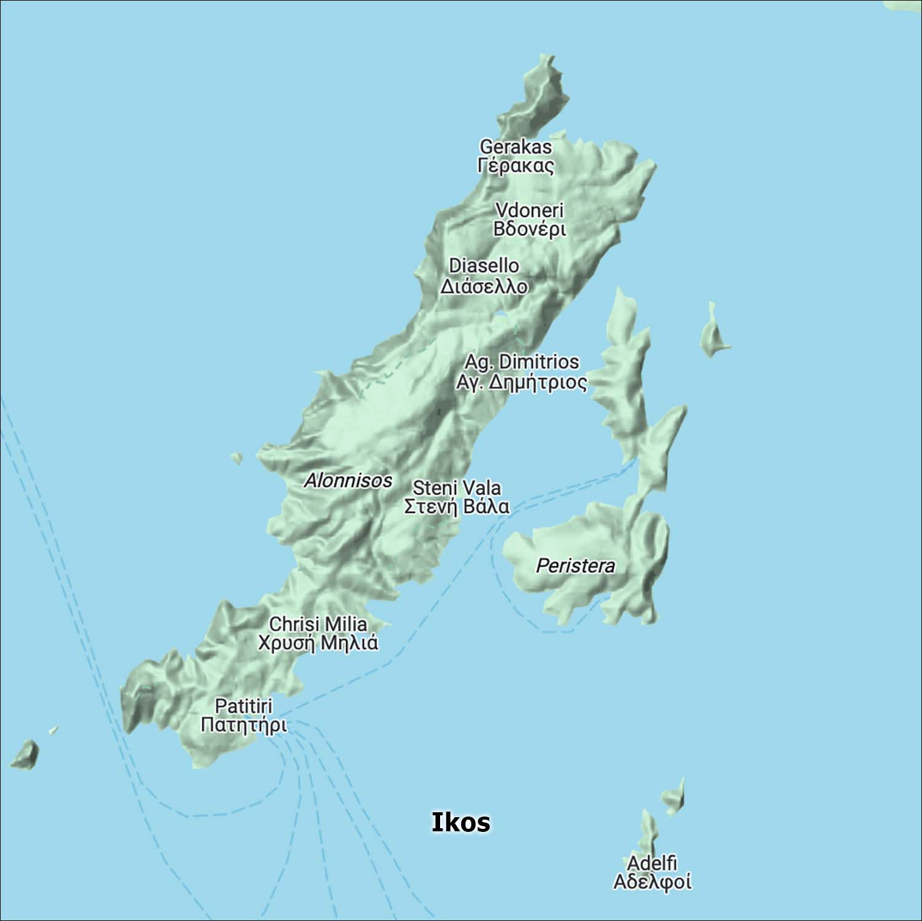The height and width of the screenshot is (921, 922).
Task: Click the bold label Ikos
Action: click(460, 822)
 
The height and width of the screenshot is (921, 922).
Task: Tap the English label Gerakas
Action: click(516, 147)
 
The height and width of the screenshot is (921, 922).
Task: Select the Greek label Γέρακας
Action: click(516, 166)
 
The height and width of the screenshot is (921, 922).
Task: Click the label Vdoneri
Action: click(529, 210)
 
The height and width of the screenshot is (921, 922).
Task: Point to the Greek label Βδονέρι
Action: click(529, 229)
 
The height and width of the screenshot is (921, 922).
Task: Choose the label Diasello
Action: click(484, 265)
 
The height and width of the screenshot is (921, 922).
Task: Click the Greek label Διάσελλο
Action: click(484, 286)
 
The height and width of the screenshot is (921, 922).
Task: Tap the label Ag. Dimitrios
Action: click(521, 361)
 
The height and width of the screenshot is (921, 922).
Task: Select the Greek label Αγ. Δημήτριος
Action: click(521, 382)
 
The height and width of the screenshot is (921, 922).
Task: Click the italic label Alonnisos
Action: click(348, 480)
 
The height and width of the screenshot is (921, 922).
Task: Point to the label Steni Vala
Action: click(457, 488)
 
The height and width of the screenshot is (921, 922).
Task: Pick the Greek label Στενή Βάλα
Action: click(457, 507)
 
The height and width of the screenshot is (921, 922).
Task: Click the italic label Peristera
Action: click(575, 566)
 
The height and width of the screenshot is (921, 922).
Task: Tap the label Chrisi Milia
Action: click(318, 624)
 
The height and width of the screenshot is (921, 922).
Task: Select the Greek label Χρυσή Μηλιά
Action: click(318, 643)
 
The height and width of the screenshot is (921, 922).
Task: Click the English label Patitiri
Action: click(243, 705)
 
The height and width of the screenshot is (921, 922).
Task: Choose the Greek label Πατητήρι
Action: click(243, 725)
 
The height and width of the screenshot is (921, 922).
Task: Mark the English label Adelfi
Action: click(652, 863)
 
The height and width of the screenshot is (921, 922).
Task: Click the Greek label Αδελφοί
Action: click(652, 882)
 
